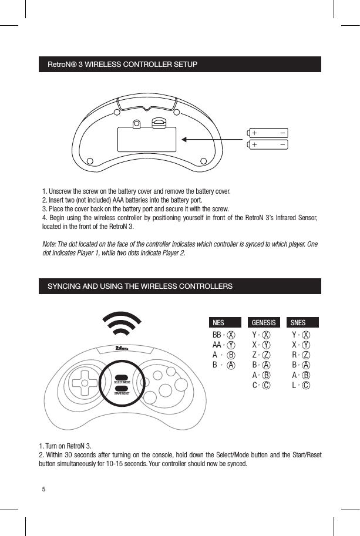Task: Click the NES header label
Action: click(218, 322)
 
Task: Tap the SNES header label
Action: click(298, 322)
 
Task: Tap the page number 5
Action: click(43, 489)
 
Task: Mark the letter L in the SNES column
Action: click(294, 385)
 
